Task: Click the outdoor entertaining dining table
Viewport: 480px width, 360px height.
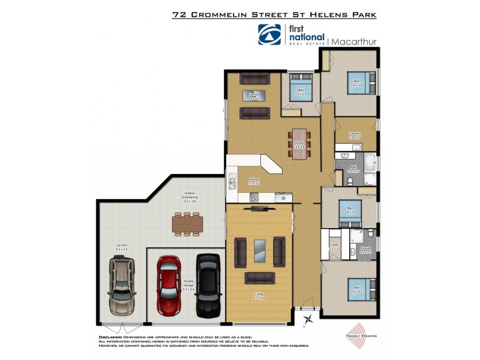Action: click(188, 224)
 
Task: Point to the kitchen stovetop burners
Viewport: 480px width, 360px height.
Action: click(254, 196)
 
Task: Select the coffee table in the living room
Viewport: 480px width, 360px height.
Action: click(259, 251)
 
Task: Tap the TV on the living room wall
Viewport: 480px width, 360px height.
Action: click(259, 208)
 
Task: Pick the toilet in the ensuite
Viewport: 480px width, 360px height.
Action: click(372, 233)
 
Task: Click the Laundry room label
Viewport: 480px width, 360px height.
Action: click(354, 135)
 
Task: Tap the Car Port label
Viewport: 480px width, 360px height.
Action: click(121, 246)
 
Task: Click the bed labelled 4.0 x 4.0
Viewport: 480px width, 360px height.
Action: click(358, 291)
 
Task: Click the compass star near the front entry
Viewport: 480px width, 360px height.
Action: click(308, 320)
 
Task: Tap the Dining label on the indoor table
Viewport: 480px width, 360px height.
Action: click(298, 144)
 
